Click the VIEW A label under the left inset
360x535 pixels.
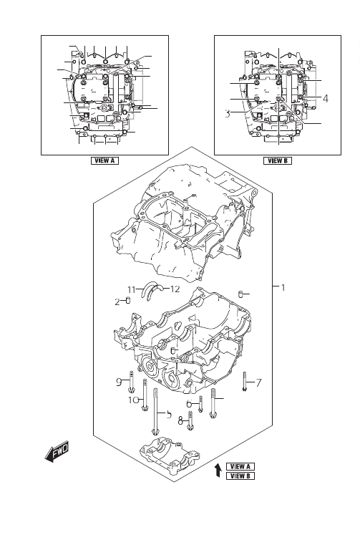[x=104, y=160]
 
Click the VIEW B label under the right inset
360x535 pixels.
[x=278, y=160]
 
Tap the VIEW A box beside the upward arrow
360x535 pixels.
[x=240, y=466]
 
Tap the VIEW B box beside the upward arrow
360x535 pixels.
[x=240, y=476]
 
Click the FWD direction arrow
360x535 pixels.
[x=57, y=452]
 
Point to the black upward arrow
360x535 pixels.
[x=218, y=470]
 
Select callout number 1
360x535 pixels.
[x=283, y=288]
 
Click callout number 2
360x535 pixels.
[x=117, y=302]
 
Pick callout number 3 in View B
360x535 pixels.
[x=228, y=114]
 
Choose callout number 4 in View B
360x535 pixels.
[x=325, y=99]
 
